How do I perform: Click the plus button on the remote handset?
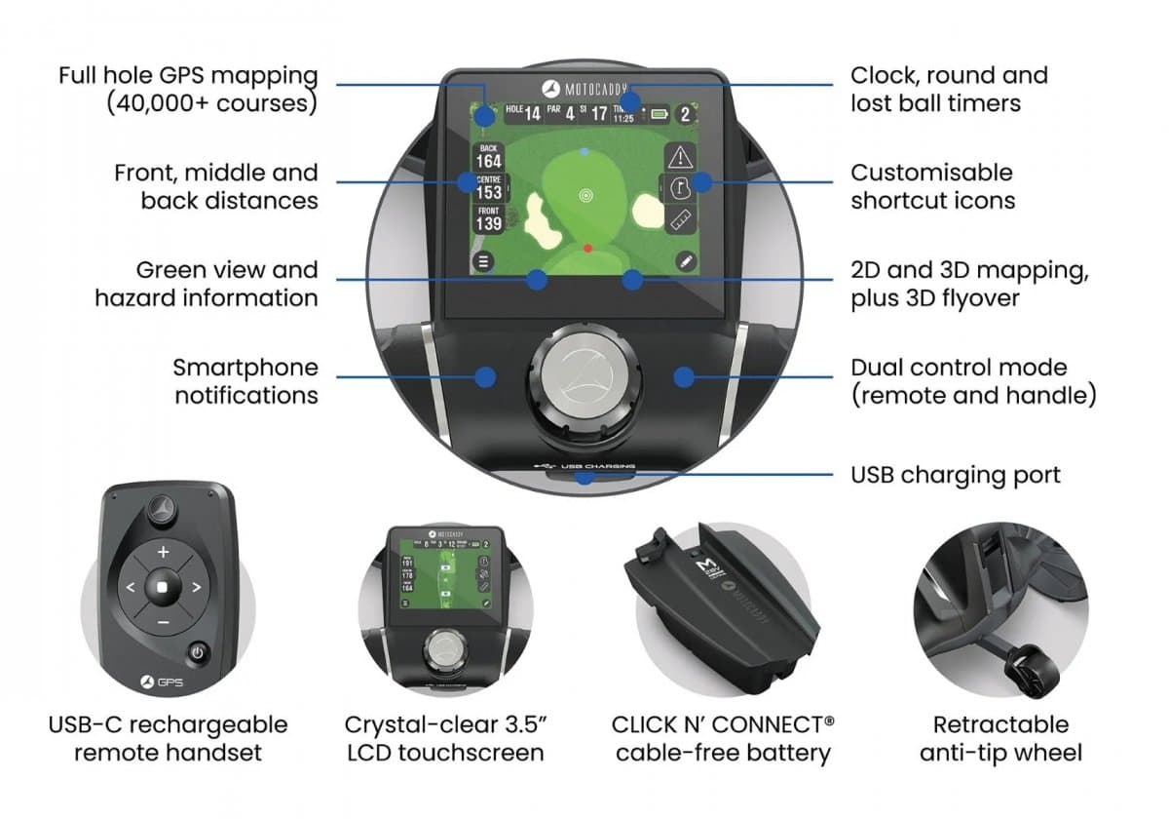coord(163,553)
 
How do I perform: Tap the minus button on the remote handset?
coord(163,622)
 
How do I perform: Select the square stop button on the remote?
coord(163,588)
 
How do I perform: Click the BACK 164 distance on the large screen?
coord(488,156)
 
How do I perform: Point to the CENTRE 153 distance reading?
coord(488,188)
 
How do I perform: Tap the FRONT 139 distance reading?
coord(488,219)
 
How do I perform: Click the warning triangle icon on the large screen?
coord(679,156)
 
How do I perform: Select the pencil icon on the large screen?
coord(686,260)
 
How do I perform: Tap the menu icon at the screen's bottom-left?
coord(483,260)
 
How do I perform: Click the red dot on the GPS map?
coord(587,249)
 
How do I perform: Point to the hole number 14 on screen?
coord(532,114)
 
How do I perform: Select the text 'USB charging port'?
coord(955,475)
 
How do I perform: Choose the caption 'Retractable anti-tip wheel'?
coord(1000,738)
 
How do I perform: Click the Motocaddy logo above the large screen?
coord(584,85)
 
